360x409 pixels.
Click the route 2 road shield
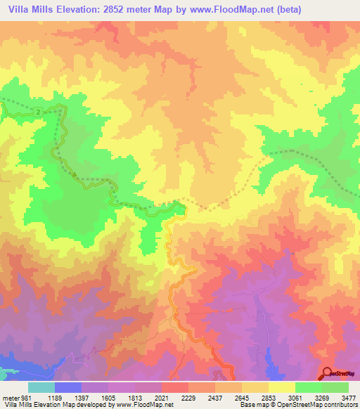pyautogui.click(x=37, y=112)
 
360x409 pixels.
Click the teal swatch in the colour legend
pyautogui.click(x=41, y=387)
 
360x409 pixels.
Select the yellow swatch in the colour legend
pyautogui.click(x=282, y=387)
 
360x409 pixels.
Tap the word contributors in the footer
pyautogui.click(x=340, y=405)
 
